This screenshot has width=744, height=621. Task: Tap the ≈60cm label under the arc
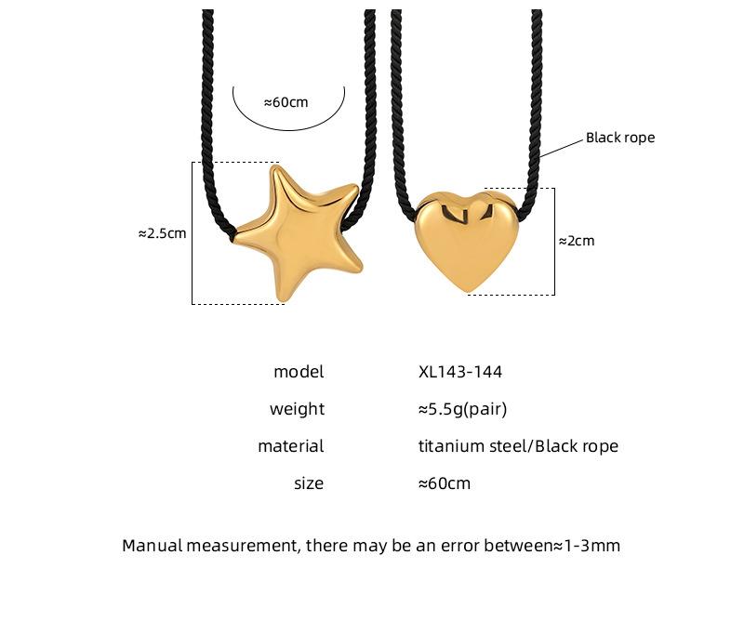pyautogui.click(x=286, y=102)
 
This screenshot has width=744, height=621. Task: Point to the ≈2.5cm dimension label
pyautogui.click(x=162, y=233)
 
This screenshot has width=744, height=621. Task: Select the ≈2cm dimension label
pyautogui.click(x=577, y=241)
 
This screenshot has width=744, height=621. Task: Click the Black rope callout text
pyautogui.click(x=620, y=138)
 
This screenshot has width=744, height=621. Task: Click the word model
pyautogui.click(x=299, y=372)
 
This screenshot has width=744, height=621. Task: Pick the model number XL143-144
pyautogui.click(x=460, y=372)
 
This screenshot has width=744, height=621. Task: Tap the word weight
pyautogui.click(x=297, y=409)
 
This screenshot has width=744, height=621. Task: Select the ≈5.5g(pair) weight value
pyautogui.click(x=463, y=409)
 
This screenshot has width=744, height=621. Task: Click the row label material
pyautogui.click(x=290, y=446)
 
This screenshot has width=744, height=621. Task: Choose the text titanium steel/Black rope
pyautogui.click(x=518, y=446)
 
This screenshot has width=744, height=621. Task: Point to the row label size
pyautogui.click(x=309, y=483)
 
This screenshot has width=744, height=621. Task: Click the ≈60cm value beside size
pyautogui.click(x=445, y=483)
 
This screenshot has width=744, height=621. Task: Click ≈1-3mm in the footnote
pyautogui.click(x=586, y=545)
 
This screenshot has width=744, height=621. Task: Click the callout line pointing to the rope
pyautogui.click(x=562, y=147)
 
